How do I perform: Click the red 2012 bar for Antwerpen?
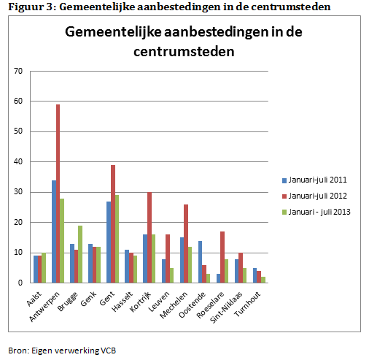point(58,194)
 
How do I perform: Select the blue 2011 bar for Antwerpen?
point(54,231)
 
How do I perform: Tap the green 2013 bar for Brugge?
point(80,254)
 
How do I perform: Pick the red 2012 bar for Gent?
point(113,224)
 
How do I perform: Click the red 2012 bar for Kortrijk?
point(149,237)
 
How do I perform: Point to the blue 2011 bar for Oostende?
point(200,262)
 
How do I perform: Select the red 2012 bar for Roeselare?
point(222,257)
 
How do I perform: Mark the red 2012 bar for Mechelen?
point(186,244)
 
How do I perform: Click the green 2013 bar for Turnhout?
point(263,280)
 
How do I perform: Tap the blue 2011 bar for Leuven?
point(163,271)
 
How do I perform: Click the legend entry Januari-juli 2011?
point(314,180)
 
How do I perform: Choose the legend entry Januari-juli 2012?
point(314,196)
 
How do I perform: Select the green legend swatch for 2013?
point(284,212)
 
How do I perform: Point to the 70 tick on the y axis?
point(18,71)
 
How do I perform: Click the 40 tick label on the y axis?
point(18,161)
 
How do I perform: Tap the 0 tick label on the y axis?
point(20,283)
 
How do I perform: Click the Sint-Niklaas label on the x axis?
point(226,307)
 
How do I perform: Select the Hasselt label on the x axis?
point(123,302)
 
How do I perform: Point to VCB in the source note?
point(109,351)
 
